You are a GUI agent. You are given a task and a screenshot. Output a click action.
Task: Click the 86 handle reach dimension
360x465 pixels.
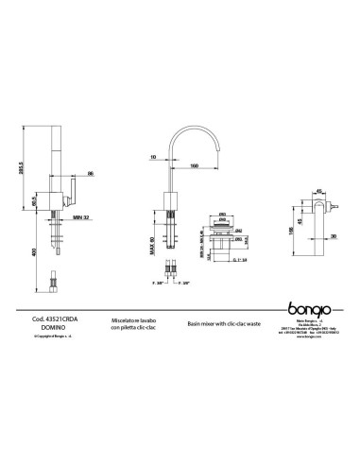point(89,172)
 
